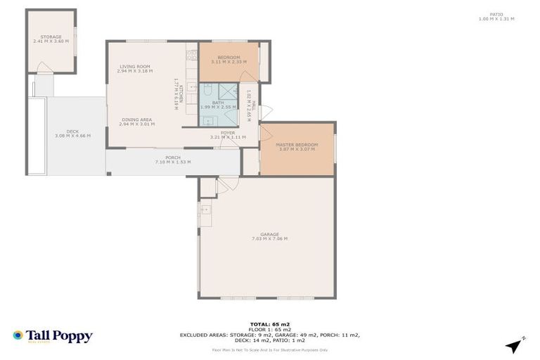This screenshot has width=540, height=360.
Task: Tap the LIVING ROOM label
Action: [x=134, y=67]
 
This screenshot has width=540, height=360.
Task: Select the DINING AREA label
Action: [x=136, y=120]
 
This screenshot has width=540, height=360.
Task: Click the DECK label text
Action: [x=72, y=131]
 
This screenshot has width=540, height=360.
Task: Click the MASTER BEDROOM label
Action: [x=296, y=145]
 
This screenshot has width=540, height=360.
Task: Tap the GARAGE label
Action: [x=269, y=234]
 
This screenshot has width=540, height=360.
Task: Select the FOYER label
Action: [x=228, y=132]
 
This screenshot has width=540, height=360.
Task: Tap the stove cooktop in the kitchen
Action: [x=191, y=55]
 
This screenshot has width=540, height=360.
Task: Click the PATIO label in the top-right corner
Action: [x=497, y=14]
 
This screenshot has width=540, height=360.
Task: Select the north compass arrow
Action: [x=516, y=345]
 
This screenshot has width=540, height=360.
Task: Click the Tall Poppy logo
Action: [x=53, y=336]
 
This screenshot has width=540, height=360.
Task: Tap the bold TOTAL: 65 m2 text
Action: [x=270, y=324]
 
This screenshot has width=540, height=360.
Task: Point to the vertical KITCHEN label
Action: [x=181, y=94]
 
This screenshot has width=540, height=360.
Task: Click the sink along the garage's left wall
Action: [x=205, y=210]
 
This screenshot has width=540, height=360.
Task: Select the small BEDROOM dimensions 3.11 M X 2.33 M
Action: [x=229, y=62]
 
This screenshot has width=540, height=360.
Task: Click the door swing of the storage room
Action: [x=43, y=68]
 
